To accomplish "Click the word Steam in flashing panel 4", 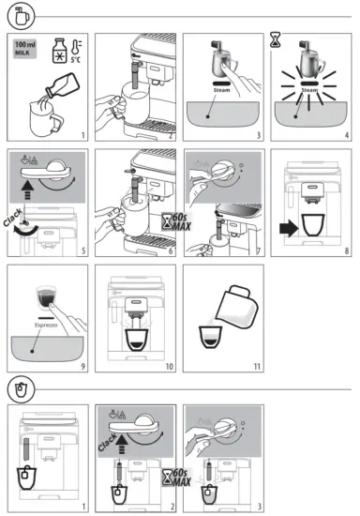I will [x=309, y=91].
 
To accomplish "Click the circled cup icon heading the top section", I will [x=22, y=16].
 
